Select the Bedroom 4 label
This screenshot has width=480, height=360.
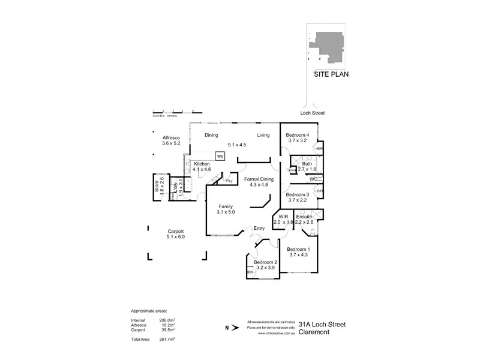(x=297, y=135)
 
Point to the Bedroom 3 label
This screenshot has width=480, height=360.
(x=297, y=195)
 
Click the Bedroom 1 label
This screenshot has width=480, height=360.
(x=298, y=249)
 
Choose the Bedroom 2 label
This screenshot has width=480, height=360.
(x=265, y=262)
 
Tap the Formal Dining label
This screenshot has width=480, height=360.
(x=260, y=179)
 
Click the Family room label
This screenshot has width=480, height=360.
(x=226, y=206)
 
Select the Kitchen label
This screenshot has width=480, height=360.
(x=201, y=164)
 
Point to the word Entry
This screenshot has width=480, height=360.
(x=259, y=228)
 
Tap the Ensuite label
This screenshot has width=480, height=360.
(x=305, y=216)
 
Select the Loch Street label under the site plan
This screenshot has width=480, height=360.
(x=312, y=113)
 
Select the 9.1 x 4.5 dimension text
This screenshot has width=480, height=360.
(x=237, y=145)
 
